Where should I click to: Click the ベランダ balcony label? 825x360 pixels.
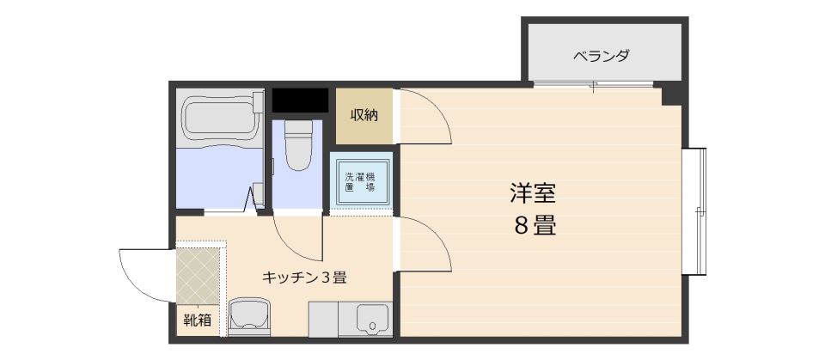[602, 57]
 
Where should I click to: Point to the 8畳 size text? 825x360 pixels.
[534, 227]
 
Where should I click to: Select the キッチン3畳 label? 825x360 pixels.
[303, 278]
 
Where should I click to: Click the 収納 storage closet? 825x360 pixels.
[364, 115]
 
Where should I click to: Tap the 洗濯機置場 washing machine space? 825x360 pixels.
[360, 181]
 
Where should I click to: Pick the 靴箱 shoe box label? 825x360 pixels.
[198, 320]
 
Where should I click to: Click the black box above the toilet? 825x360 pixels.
[300, 100]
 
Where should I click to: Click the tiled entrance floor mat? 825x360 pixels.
[199, 276]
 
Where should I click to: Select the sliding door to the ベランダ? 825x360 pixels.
[593, 85]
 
